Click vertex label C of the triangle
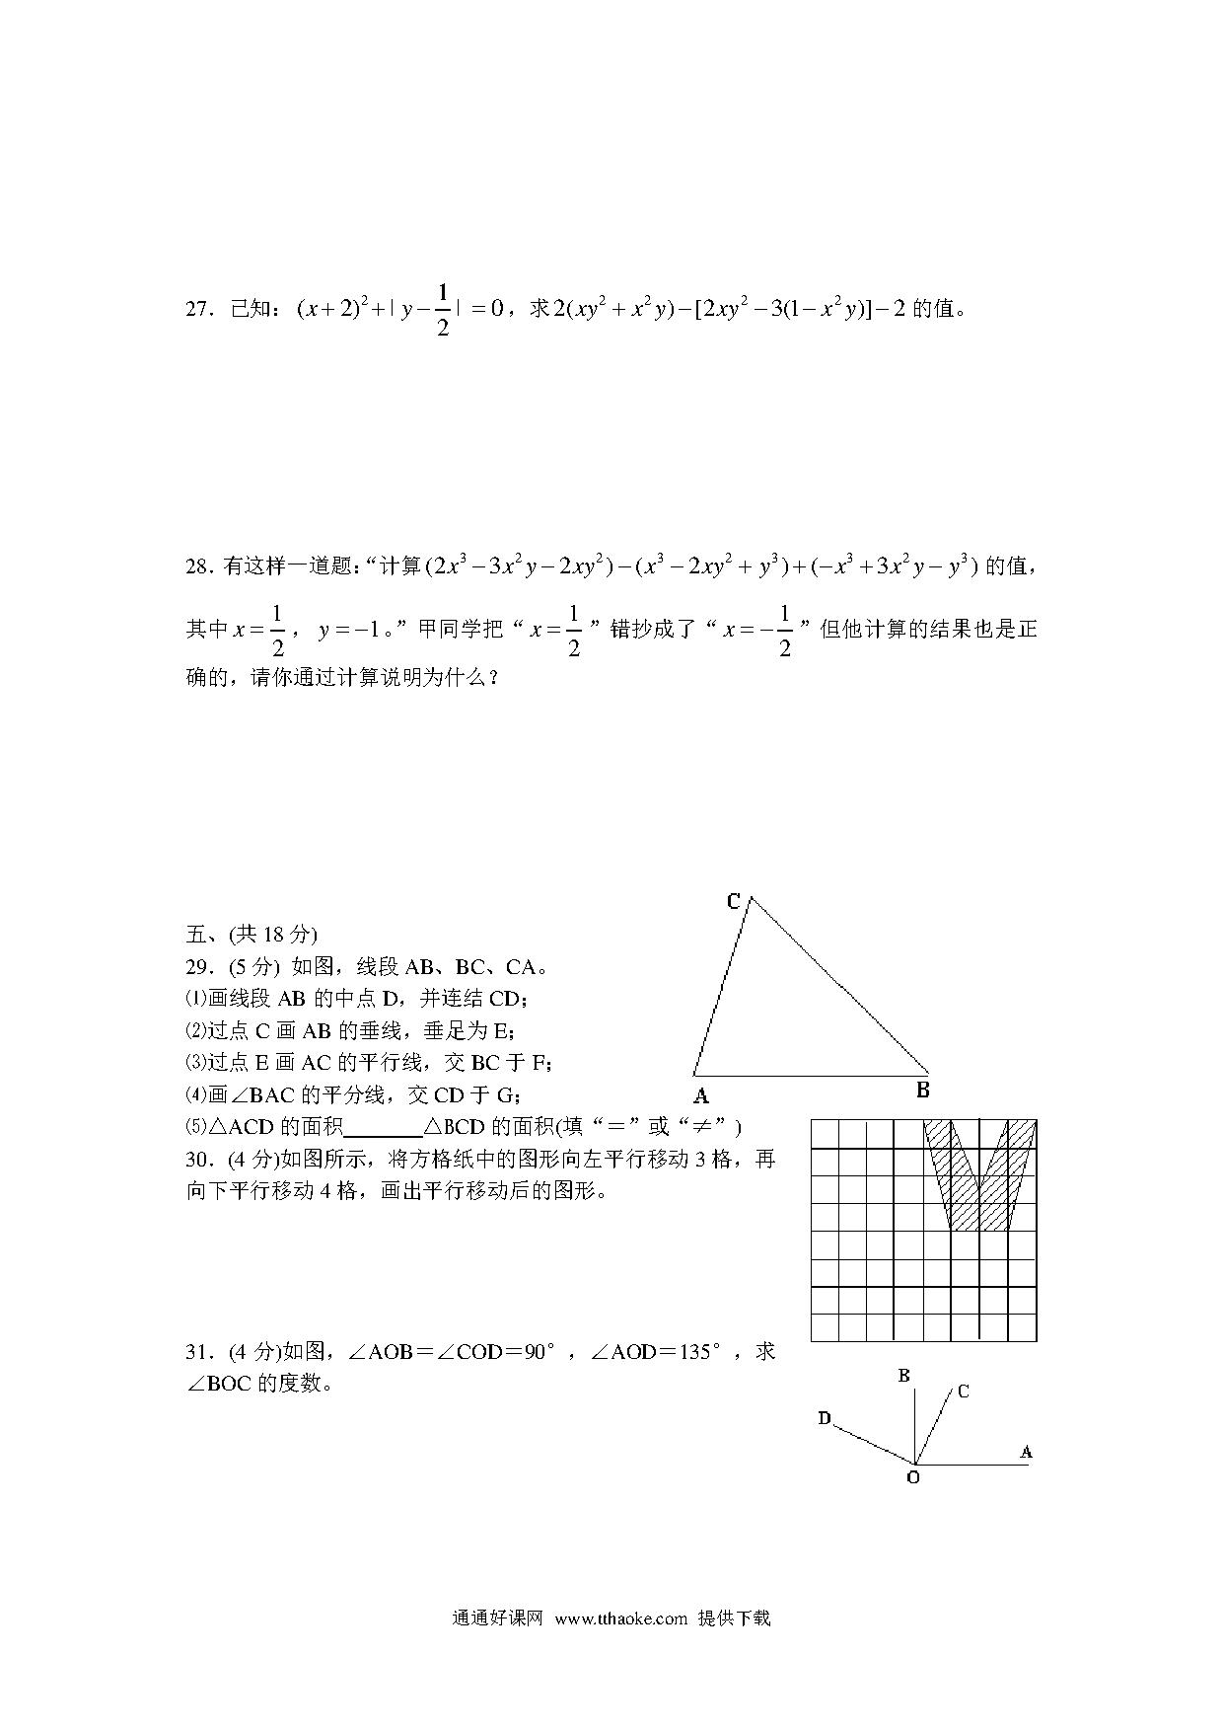(733, 901)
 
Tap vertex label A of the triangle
(701, 1095)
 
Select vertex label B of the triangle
(923, 1091)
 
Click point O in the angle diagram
(912, 1478)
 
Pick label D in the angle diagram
(825, 1419)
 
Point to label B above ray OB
(903, 1376)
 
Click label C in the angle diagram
(964, 1392)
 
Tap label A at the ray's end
(1026, 1452)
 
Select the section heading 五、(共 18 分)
(252, 935)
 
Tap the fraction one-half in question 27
(442, 310)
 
